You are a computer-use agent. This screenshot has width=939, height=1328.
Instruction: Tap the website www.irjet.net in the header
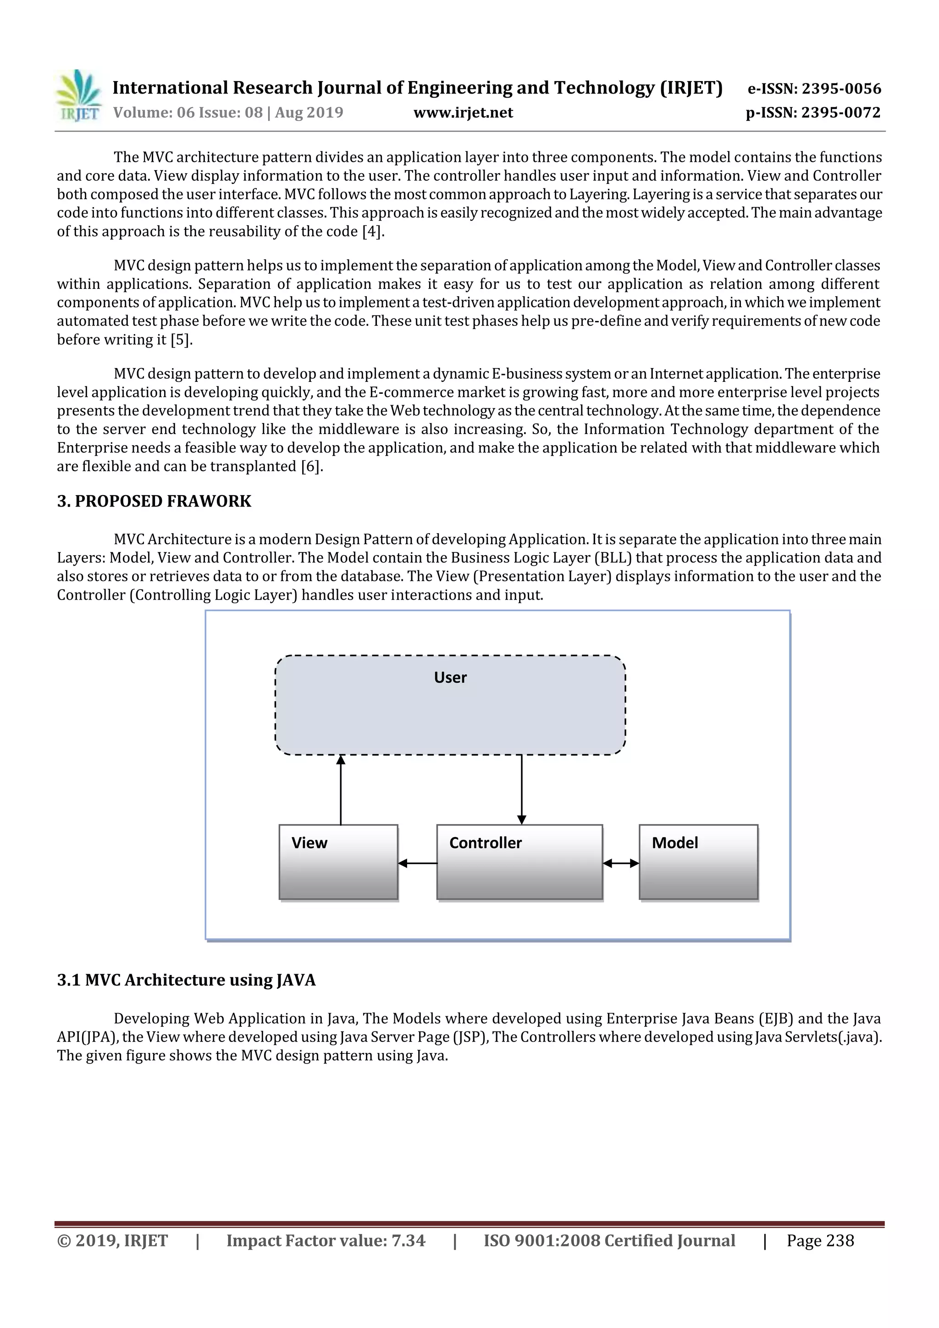point(463,112)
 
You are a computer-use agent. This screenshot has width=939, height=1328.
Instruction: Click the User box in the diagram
point(450,705)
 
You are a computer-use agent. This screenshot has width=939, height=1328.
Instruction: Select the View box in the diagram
point(338,862)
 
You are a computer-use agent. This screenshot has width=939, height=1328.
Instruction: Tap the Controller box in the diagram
point(519,862)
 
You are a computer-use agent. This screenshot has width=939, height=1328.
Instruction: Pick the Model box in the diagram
point(698,862)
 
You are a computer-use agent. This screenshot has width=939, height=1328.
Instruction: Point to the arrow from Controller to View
point(418,864)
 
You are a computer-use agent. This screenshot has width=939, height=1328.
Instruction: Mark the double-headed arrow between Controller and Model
point(621,864)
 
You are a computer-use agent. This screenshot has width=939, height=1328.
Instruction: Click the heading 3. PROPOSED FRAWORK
point(154,501)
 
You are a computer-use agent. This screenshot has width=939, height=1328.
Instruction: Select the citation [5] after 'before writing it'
point(181,340)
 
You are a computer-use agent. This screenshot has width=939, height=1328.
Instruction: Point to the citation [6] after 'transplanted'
point(311,466)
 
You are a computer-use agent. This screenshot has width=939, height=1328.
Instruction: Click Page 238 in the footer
point(820,1240)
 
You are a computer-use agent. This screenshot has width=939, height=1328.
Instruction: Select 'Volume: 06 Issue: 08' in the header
point(188,112)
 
